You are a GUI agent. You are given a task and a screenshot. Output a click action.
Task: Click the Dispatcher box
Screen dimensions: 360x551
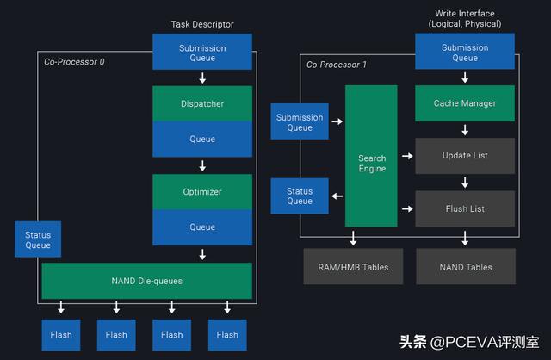pyautogui.click(x=202, y=103)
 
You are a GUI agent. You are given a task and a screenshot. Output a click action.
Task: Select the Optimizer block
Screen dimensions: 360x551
pyautogui.click(x=202, y=192)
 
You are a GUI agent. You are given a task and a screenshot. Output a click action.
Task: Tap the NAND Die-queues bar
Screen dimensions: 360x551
pyautogui.click(x=146, y=281)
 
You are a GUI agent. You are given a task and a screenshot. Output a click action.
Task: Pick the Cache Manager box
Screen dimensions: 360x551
pyautogui.click(x=465, y=103)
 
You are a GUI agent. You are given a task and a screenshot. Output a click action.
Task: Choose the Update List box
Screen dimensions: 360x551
pyautogui.click(x=465, y=156)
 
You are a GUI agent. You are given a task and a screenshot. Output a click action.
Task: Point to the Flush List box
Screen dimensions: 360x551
pyautogui.click(x=465, y=208)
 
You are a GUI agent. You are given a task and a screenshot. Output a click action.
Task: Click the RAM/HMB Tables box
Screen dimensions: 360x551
pyautogui.click(x=353, y=267)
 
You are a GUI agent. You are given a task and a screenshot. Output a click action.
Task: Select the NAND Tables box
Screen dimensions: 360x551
pyautogui.click(x=465, y=267)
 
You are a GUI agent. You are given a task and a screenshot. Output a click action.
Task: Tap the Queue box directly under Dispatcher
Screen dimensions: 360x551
pyautogui.click(x=202, y=139)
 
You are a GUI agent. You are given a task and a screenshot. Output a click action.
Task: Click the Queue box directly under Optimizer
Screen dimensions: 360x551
pyautogui.click(x=202, y=227)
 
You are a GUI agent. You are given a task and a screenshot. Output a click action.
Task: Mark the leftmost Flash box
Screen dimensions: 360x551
pyautogui.click(x=60, y=334)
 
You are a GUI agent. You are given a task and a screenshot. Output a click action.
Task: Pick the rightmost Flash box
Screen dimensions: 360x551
pyautogui.click(x=227, y=334)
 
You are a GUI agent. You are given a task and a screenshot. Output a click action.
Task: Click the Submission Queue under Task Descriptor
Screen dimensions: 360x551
pyautogui.click(x=202, y=53)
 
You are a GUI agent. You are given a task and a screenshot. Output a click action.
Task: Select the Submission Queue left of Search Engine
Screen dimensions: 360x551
pyautogui.click(x=299, y=122)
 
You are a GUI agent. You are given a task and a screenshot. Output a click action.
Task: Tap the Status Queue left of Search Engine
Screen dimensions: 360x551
pyautogui.click(x=299, y=196)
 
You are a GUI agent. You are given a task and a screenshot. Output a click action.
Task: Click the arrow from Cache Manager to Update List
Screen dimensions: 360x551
pyautogui.click(x=465, y=129)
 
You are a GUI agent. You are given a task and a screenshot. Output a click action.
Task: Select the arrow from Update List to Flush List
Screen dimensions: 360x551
pyautogui.click(x=465, y=183)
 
